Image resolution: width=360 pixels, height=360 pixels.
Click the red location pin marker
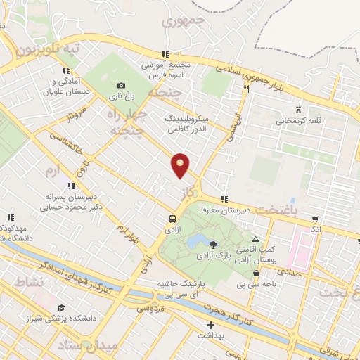point(181,165)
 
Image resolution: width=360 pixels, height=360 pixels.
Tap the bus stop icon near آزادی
point(173,218)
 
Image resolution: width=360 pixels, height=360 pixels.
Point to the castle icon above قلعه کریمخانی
point(300,110)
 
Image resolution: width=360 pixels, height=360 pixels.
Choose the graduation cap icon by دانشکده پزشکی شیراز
point(61,307)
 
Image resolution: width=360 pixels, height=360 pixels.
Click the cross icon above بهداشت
point(210,326)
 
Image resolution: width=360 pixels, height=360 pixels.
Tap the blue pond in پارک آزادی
point(195,241)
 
